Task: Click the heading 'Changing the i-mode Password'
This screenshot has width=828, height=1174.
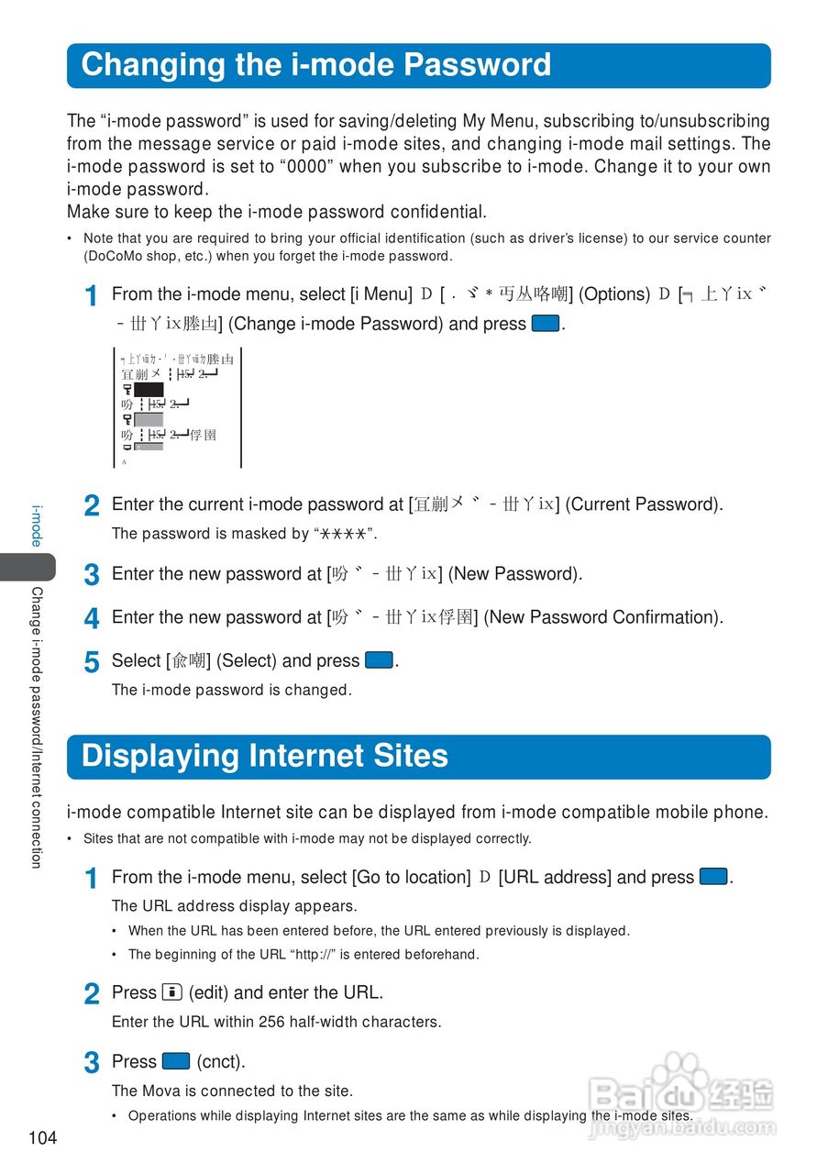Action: tap(316, 65)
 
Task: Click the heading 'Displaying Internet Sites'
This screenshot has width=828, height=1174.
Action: tap(265, 756)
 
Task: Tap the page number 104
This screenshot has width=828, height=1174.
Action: tap(42, 1138)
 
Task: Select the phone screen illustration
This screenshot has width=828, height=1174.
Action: tap(177, 407)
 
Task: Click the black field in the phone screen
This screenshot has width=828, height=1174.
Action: tap(149, 390)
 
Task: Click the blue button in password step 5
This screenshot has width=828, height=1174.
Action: tap(379, 660)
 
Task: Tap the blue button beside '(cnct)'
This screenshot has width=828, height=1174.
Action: tap(176, 1061)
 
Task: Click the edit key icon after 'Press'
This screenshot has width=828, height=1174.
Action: tap(172, 991)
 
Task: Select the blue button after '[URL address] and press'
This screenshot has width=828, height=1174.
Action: tap(713, 877)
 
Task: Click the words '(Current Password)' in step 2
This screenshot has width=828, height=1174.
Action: tap(643, 504)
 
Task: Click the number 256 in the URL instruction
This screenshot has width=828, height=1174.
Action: tap(271, 1022)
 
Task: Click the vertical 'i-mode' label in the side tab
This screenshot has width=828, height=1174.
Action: tap(37, 525)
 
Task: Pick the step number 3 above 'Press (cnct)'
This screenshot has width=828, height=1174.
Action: tap(92, 1063)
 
